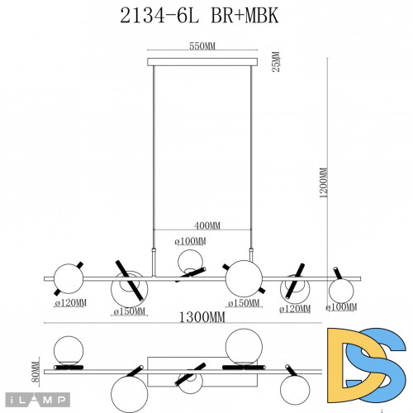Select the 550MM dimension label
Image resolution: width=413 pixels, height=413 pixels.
coord(202,47)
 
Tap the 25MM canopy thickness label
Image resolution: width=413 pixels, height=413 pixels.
coord(276,63)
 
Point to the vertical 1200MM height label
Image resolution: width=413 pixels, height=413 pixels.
coord(323,183)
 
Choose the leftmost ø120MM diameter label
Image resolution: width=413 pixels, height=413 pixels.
coord(72,304)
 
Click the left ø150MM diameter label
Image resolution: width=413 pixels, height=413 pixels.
coord(130,311)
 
